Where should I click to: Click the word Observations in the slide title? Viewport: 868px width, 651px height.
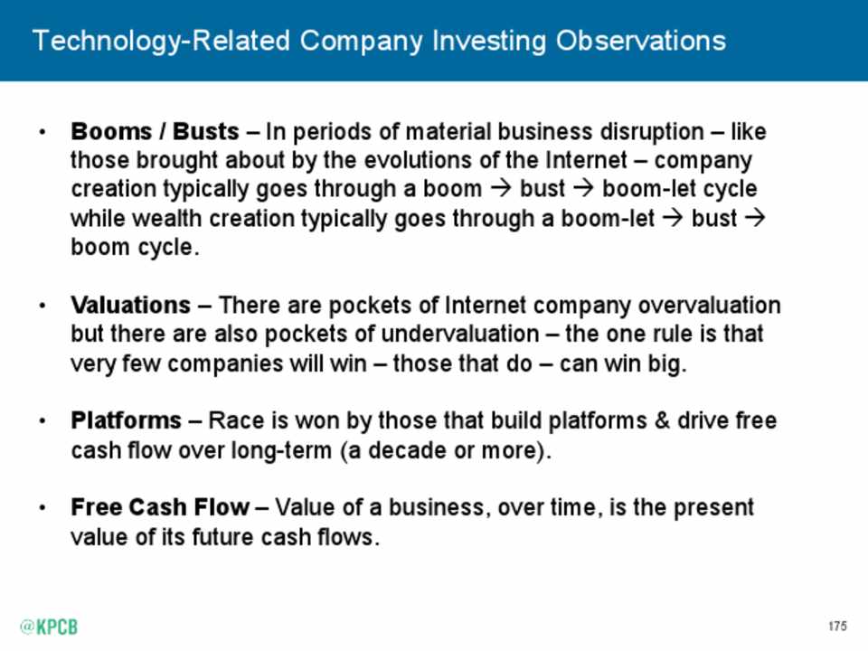tap(640, 41)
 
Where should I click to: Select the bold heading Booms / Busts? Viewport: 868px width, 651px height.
tap(155, 132)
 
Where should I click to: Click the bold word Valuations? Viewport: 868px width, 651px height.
tap(130, 305)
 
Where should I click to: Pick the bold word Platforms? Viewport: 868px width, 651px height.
tap(127, 420)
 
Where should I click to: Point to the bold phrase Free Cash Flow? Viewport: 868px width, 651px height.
tap(160, 507)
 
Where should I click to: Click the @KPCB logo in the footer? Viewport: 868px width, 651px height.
tap(49, 627)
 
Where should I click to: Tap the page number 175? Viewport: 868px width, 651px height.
tap(837, 626)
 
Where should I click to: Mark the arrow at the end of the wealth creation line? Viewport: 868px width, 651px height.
tap(755, 218)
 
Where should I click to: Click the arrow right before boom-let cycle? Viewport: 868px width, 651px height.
tap(583, 189)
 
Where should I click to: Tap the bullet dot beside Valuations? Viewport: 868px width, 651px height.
tap(42, 306)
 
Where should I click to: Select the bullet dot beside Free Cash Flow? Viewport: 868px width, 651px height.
tap(42, 507)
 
